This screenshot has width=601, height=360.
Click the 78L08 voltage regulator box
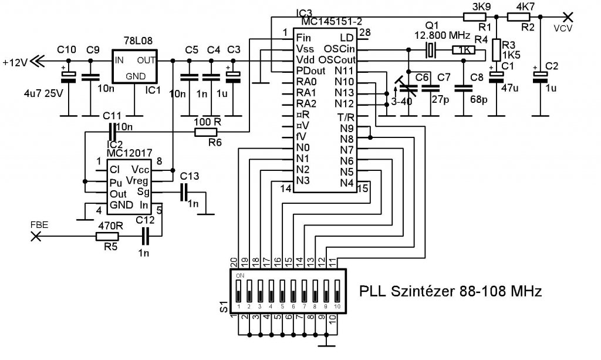[x=134, y=68]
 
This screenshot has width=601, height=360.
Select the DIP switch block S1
[x=287, y=291]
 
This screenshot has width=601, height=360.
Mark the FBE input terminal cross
[x=35, y=237]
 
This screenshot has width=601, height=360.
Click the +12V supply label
[x=14, y=60]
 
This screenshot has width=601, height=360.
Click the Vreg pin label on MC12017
[x=137, y=180]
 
